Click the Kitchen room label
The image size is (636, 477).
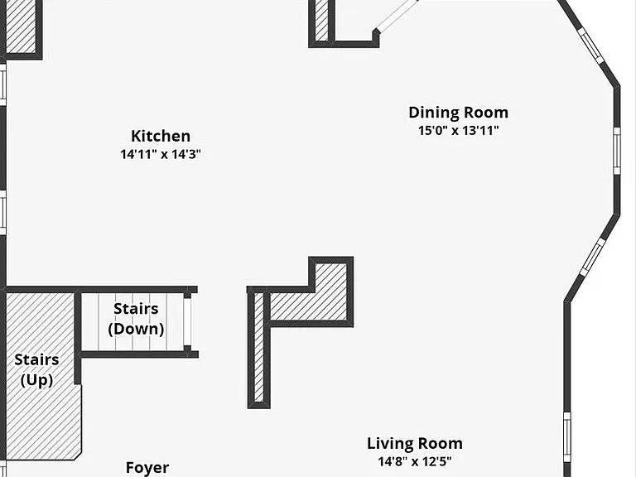161,136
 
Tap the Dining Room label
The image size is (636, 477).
458,113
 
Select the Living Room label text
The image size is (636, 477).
415,444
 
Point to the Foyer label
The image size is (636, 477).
147,468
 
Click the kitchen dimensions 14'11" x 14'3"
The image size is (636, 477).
161,155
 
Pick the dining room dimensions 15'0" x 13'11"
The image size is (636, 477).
458,131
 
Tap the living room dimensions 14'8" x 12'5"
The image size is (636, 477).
415,461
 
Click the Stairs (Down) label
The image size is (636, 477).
136,319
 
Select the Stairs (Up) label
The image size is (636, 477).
37,370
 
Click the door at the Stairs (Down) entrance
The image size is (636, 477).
187,322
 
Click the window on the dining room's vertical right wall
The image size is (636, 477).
616,151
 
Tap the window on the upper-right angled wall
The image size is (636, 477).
591,46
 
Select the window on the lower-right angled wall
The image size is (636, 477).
593,258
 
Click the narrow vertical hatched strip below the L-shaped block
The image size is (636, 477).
258,347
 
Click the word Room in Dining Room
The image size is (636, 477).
486,113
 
